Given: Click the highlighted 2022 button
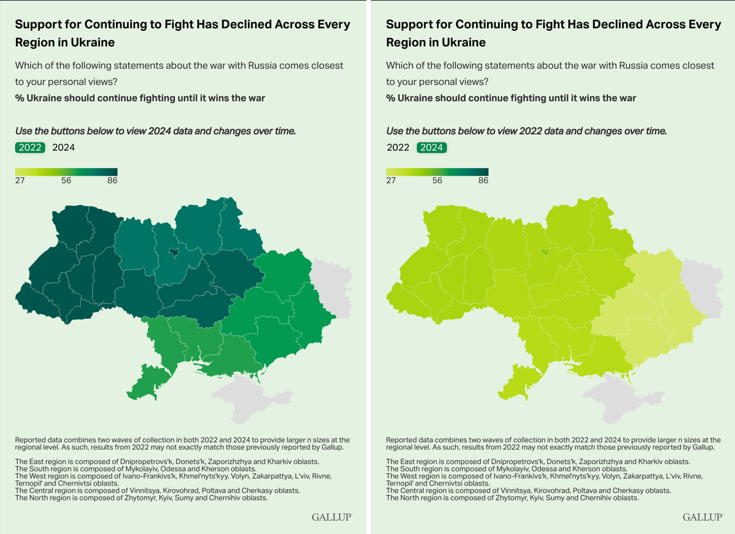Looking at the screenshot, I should click(x=30, y=147).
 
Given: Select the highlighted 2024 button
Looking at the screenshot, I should click(x=432, y=147).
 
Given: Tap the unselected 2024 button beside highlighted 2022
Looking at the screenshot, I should click(x=64, y=147).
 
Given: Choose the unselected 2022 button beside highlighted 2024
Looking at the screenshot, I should click(x=398, y=147).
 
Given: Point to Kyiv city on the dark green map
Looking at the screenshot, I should click(x=174, y=252).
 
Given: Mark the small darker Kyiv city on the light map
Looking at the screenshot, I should click(x=545, y=252).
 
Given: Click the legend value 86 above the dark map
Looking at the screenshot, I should click(x=112, y=180).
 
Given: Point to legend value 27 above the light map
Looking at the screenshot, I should click(x=391, y=180).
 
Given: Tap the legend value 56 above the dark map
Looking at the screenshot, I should click(x=66, y=180).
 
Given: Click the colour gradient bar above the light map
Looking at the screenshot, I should click(x=437, y=172).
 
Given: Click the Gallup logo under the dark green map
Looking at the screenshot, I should click(x=332, y=517).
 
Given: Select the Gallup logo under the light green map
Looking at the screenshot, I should click(x=703, y=517).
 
